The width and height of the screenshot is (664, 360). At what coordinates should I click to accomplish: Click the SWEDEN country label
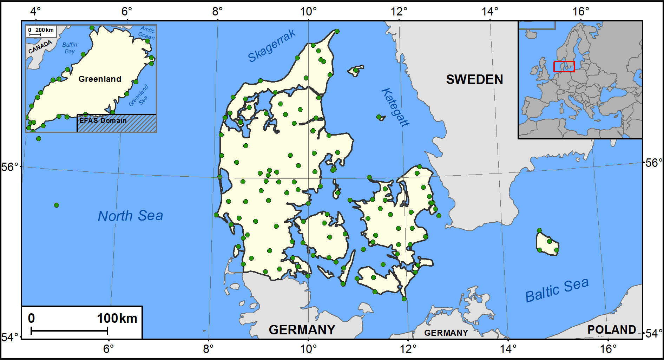(474, 79)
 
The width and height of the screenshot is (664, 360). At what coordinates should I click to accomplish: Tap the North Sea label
(130, 216)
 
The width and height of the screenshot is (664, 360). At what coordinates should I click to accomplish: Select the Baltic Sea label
(557, 290)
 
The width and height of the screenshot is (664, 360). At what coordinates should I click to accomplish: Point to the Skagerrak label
(271, 46)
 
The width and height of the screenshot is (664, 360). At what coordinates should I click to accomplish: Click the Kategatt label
(395, 107)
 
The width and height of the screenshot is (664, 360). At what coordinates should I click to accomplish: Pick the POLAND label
(611, 329)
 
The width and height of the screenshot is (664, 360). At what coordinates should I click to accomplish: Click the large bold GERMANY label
(302, 330)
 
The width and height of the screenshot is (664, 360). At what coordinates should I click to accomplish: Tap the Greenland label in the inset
(100, 79)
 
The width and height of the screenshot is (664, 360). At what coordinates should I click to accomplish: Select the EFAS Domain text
(103, 120)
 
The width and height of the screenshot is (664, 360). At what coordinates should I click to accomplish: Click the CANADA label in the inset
(40, 47)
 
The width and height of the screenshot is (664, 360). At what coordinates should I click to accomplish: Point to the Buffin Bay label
(70, 48)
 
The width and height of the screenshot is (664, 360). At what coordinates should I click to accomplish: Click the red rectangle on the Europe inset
(564, 67)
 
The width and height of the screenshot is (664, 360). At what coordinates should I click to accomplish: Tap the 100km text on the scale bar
(117, 318)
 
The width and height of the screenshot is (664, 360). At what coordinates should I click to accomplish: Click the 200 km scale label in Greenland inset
(44, 30)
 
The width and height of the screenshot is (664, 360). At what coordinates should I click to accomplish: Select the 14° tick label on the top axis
(489, 11)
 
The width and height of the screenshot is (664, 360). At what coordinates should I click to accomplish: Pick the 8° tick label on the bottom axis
(208, 349)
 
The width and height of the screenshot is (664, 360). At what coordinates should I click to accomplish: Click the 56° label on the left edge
(9, 167)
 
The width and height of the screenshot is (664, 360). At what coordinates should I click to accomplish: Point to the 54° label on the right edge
(653, 333)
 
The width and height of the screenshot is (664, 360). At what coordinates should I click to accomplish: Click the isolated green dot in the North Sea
(57, 205)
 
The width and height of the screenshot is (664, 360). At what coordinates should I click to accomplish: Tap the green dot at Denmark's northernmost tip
(337, 31)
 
